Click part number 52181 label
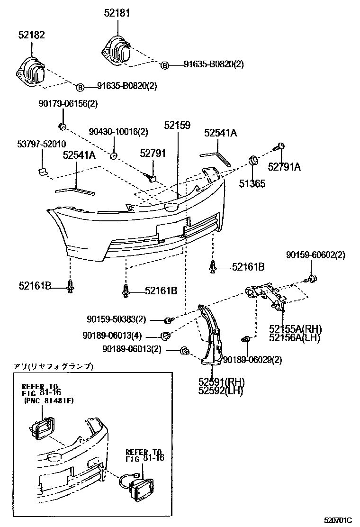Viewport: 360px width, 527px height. tap(117, 13)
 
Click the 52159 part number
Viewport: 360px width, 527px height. tap(177, 126)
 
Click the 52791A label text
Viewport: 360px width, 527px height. tap(284, 166)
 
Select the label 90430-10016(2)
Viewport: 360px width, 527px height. tap(118, 132)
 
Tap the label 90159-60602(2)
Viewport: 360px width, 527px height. tap(315, 254)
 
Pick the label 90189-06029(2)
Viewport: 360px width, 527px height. tap(252, 360)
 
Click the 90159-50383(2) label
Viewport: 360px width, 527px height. tap(117, 319)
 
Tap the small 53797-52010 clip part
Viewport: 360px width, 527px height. tap(42, 170)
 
